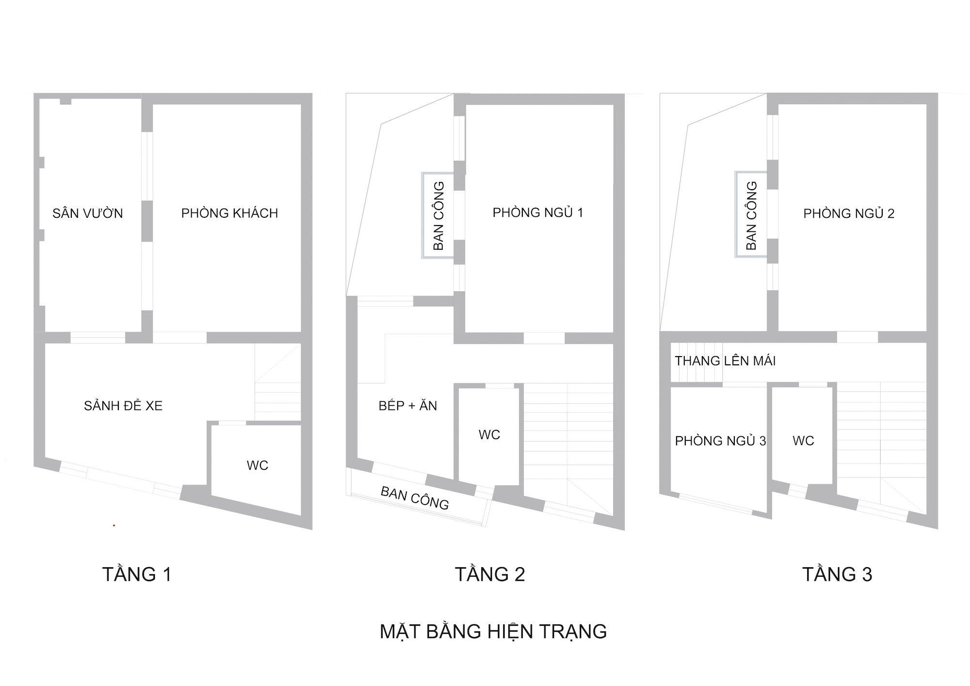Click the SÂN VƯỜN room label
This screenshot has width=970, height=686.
88,213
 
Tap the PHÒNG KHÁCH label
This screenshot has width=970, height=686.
229,213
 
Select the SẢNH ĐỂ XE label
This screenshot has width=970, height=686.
123,406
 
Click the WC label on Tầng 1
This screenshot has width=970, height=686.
257,466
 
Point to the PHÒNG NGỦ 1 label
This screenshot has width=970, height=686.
538,212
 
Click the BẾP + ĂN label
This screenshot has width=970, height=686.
407,406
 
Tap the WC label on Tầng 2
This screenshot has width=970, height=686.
489,435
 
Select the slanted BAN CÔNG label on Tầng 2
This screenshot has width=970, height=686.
415,498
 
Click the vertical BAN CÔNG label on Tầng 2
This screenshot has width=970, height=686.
438,216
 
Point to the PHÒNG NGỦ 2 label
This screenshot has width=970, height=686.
849,213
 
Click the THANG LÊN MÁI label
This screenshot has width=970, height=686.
725,361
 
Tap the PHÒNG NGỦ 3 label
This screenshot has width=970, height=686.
720,441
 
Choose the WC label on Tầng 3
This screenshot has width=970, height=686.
803,441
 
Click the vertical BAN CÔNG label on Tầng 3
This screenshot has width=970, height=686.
752,216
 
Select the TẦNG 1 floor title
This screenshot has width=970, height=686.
137,574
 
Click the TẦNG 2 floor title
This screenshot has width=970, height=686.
490,574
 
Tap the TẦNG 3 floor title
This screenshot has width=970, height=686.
837,574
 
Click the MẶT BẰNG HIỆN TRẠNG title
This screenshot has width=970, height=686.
493,632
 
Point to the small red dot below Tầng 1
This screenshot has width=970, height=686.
114,525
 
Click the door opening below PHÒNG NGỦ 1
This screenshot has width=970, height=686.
544,338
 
